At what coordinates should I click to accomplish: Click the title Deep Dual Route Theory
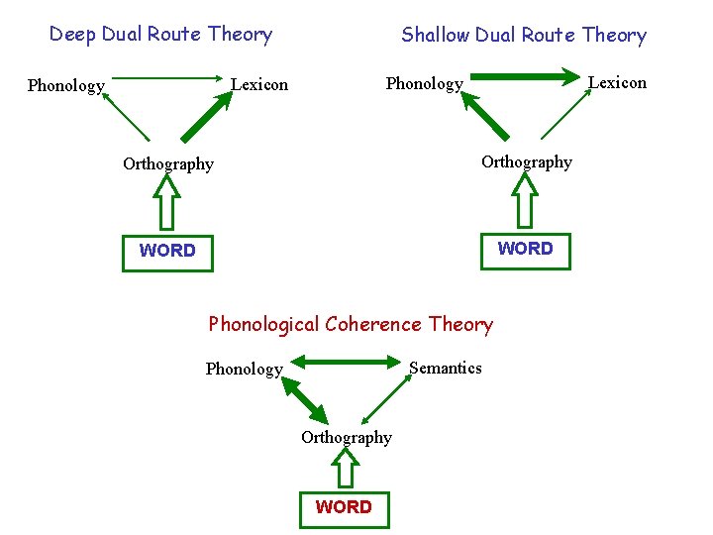click(x=160, y=34)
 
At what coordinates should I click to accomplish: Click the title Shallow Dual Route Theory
click(x=523, y=35)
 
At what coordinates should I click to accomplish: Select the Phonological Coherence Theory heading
click(x=350, y=324)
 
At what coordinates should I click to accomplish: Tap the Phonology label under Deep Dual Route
click(x=65, y=85)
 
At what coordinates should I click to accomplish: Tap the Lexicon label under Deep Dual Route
click(x=259, y=84)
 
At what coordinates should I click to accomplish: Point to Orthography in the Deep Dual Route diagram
click(x=167, y=163)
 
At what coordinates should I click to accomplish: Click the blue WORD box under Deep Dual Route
click(x=167, y=251)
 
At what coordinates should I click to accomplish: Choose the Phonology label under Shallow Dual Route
click(x=424, y=83)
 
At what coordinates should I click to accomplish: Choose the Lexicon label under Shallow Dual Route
click(x=617, y=82)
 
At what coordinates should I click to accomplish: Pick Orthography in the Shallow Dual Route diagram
click(x=526, y=161)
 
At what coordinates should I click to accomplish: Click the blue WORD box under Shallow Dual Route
click(x=525, y=249)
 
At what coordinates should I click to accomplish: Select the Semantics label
click(x=446, y=368)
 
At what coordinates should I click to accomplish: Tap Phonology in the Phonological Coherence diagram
click(x=244, y=369)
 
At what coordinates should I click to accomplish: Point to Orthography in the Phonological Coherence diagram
click(x=346, y=437)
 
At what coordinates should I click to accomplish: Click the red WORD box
click(x=344, y=507)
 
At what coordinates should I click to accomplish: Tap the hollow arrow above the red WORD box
click(x=344, y=468)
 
